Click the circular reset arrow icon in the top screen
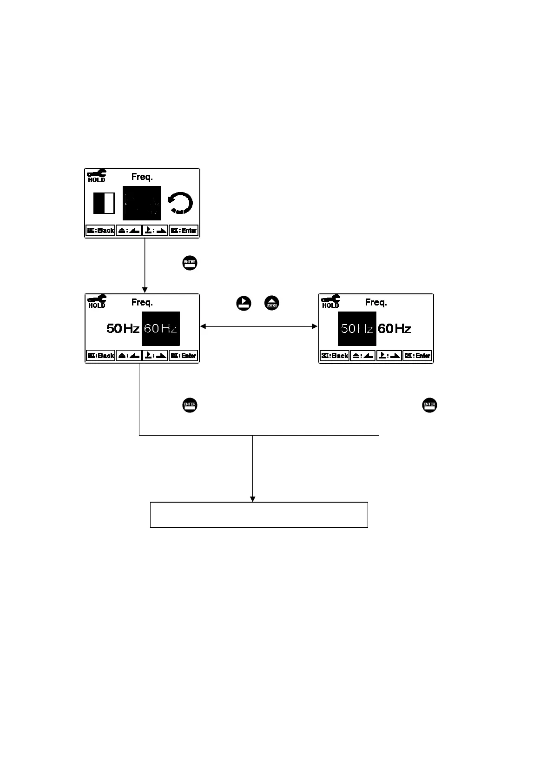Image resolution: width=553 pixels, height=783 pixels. [180, 204]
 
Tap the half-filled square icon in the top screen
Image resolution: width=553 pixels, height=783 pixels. [104, 204]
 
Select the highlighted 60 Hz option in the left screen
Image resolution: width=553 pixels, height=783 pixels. [160, 329]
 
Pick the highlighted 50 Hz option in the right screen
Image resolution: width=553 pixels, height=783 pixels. [356, 329]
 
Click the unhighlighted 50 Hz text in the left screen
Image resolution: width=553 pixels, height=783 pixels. [123, 329]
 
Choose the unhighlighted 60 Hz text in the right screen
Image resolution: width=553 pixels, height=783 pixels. [395, 329]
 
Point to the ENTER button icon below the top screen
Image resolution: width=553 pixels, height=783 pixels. [190, 263]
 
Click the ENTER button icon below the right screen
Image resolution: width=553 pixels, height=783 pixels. [429, 405]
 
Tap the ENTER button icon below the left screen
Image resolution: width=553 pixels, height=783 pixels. [190, 405]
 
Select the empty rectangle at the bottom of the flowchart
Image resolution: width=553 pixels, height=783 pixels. [259, 514]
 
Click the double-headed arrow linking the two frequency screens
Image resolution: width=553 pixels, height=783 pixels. [259, 327]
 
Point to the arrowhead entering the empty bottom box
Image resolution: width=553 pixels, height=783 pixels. [253, 499]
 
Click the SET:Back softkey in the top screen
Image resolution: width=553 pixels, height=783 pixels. [100, 231]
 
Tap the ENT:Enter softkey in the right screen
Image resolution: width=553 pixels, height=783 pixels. [417, 356]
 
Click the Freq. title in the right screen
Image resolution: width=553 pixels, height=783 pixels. [376, 303]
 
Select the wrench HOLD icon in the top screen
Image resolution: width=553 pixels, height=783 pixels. [97, 175]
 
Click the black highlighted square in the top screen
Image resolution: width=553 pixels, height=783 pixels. [142, 203]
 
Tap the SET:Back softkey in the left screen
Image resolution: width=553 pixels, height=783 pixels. [100, 356]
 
